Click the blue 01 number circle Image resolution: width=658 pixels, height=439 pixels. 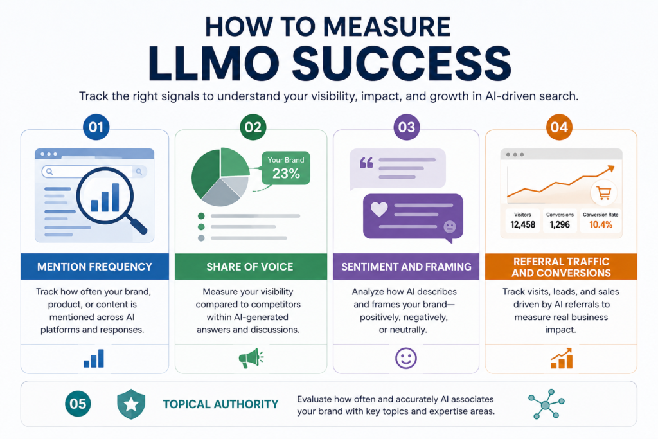[x=96, y=127]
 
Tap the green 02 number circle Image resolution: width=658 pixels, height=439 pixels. [x=253, y=127]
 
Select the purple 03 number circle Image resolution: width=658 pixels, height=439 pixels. [x=406, y=127]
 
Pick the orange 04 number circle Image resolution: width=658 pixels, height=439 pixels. [x=559, y=127]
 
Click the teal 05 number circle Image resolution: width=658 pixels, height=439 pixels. [x=78, y=403]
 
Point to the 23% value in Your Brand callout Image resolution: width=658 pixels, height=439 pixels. [x=286, y=174]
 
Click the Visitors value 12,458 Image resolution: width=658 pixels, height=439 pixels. [x=523, y=224]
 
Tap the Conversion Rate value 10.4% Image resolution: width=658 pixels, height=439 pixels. [x=601, y=224]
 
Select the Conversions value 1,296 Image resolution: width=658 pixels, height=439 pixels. [x=560, y=224]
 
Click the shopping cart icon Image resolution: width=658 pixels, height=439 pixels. [x=604, y=193]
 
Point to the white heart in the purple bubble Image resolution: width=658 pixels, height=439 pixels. [x=379, y=209]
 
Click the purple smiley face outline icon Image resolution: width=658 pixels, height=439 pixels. [x=406, y=358]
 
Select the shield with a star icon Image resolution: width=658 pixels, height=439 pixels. [x=131, y=404]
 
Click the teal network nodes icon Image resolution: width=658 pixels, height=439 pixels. [x=546, y=404]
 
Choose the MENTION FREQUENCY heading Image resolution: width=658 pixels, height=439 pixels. [x=94, y=267]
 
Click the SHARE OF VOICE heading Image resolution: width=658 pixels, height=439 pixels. [x=250, y=267]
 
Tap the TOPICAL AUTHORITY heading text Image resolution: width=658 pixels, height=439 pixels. [x=221, y=404]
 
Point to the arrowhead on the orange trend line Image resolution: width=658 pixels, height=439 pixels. [x=610, y=168]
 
